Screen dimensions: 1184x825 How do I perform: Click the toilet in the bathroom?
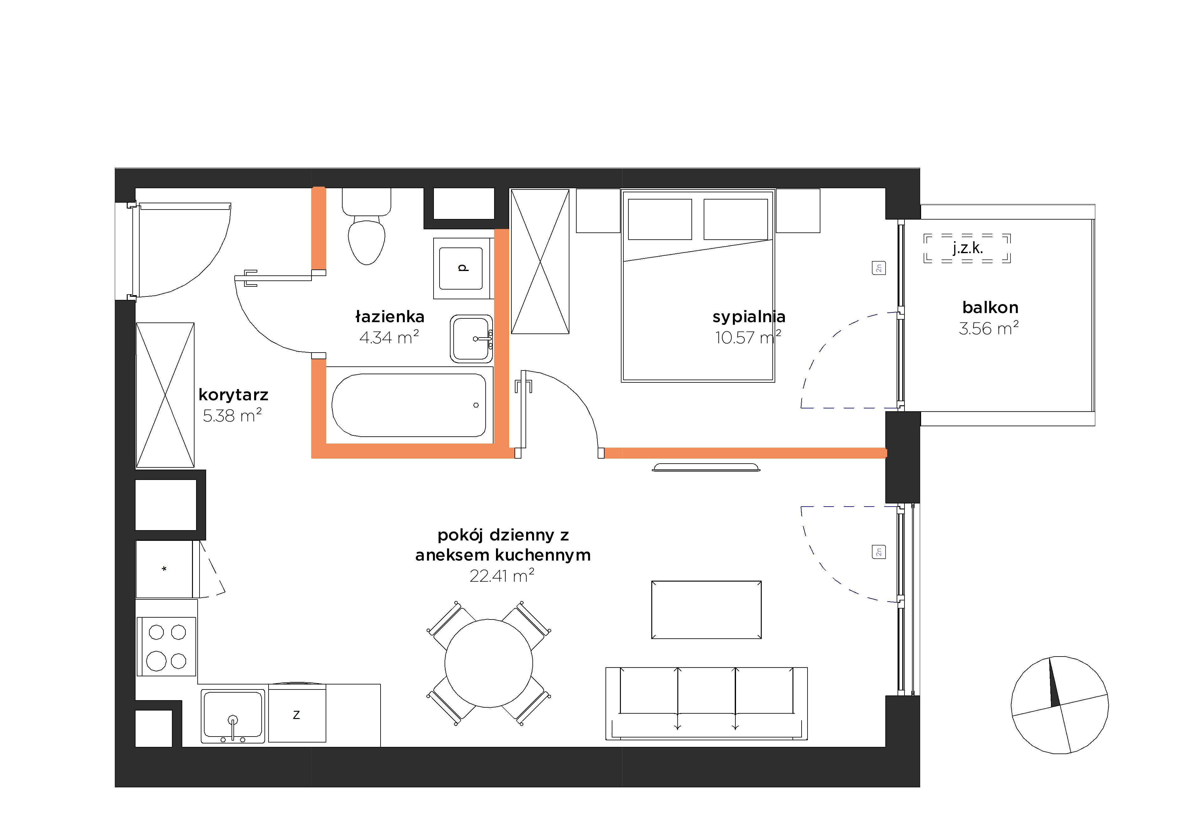(367, 227)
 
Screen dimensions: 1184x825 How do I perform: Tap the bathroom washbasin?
(471, 339)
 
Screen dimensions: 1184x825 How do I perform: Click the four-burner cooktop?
(166, 647)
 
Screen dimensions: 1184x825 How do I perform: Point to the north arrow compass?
(1060, 705)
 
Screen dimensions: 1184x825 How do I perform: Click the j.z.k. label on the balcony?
(968, 248)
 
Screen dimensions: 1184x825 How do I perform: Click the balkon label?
(990, 308)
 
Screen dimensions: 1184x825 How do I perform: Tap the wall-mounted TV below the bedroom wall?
(706, 467)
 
